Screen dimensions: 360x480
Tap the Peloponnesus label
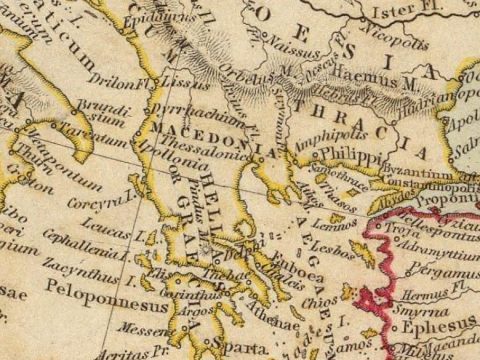[91, 299]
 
